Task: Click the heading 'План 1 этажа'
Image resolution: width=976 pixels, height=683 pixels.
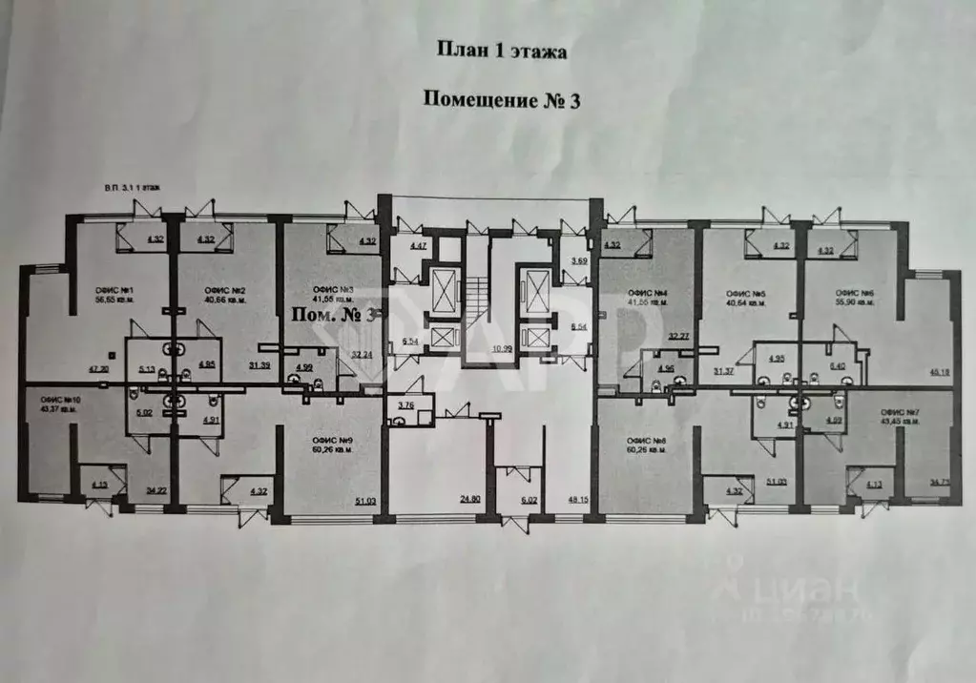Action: coord(501,52)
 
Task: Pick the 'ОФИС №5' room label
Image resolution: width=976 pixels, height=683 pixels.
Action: coord(747,293)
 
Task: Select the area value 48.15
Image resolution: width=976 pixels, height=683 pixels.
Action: coord(578,498)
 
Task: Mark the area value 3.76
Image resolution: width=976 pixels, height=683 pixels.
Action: coord(405,404)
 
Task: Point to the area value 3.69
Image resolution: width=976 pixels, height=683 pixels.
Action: coord(579,259)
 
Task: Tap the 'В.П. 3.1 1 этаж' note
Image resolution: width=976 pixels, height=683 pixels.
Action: coord(134,189)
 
